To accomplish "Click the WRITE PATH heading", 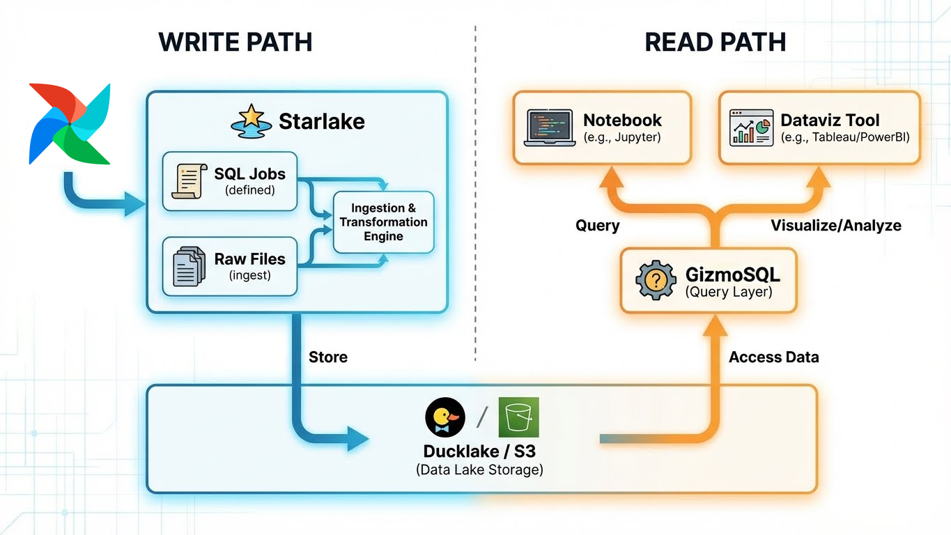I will click(235, 42).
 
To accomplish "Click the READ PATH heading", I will click(715, 42).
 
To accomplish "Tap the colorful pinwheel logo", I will click(69, 124).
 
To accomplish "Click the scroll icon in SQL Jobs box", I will click(189, 181).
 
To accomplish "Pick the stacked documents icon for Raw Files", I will click(189, 266).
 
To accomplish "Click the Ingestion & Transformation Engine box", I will click(383, 222).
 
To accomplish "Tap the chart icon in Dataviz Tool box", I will click(751, 127).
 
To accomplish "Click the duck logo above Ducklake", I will click(444, 417).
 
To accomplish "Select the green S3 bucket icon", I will click(518, 417).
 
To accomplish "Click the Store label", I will click(328, 357).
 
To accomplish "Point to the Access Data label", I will click(773, 357).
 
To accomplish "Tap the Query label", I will click(597, 226).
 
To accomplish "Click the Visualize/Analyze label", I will click(835, 226).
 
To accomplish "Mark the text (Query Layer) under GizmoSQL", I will click(729, 292).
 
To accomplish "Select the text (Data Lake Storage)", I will click(479, 470).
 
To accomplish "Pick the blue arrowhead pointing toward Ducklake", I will click(357, 438).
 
